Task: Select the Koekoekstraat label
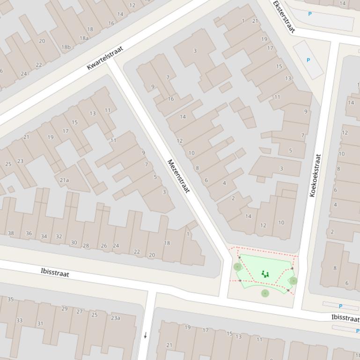tap(315, 175)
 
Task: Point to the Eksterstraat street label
tap(284, 16)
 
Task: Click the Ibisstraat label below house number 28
tap(55, 272)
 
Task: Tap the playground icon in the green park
tap(265, 274)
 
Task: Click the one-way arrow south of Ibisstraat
tap(146, 335)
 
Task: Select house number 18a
tap(84, 38)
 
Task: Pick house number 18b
tap(66, 47)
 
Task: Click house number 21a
tap(64, 180)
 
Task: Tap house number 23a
tap(116, 318)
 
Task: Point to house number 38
tap(11, 233)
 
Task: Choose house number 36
tap(29, 233)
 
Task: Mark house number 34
tap(44, 236)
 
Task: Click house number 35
tap(10, 299)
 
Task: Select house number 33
tap(19, 320)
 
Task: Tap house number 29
tap(64, 309)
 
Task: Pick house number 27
tap(79, 311)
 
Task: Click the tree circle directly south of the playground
tap(265, 293)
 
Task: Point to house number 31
tap(40, 323)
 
